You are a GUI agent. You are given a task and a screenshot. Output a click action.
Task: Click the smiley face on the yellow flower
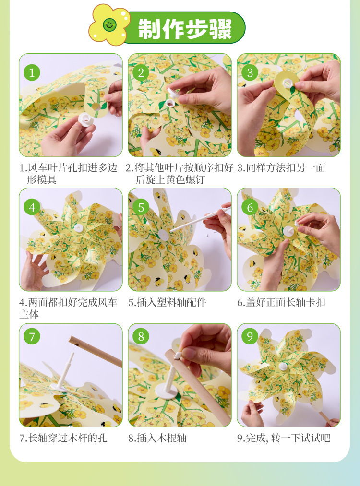click(x=109, y=24)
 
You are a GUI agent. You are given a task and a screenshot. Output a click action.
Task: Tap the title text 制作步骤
click(x=185, y=29)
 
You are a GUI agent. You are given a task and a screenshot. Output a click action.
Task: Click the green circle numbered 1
click(x=32, y=73)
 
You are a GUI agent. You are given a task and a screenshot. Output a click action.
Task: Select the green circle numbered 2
click(x=141, y=73)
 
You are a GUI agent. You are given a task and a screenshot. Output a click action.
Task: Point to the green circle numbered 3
click(x=250, y=73)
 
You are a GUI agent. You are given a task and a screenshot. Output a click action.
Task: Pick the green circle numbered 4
click(x=32, y=207)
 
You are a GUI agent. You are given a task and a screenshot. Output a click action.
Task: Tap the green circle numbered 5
click(x=141, y=207)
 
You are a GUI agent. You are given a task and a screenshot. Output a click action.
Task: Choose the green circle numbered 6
click(x=250, y=207)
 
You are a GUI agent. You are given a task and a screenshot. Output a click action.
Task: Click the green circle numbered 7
click(x=32, y=336)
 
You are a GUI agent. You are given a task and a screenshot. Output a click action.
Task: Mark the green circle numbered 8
click(x=141, y=336)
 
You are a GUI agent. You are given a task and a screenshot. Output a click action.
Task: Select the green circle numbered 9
click(x=250, y=336)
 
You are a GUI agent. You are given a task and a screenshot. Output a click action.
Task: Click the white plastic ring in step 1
click(x=85, y=119)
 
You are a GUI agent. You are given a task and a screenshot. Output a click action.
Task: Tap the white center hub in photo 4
click(x=79, y=229)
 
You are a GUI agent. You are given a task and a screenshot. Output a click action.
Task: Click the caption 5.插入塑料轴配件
click(x=168, y=302)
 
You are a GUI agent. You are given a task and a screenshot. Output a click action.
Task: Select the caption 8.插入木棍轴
click(x=157, y=438)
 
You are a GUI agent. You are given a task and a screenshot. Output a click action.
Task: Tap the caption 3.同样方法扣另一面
click(x=281, y=168)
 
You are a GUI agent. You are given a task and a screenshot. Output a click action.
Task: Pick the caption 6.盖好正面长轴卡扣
click(x=281, y=302)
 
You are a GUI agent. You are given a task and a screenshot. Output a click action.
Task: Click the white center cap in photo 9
click(x=283, y=367)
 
